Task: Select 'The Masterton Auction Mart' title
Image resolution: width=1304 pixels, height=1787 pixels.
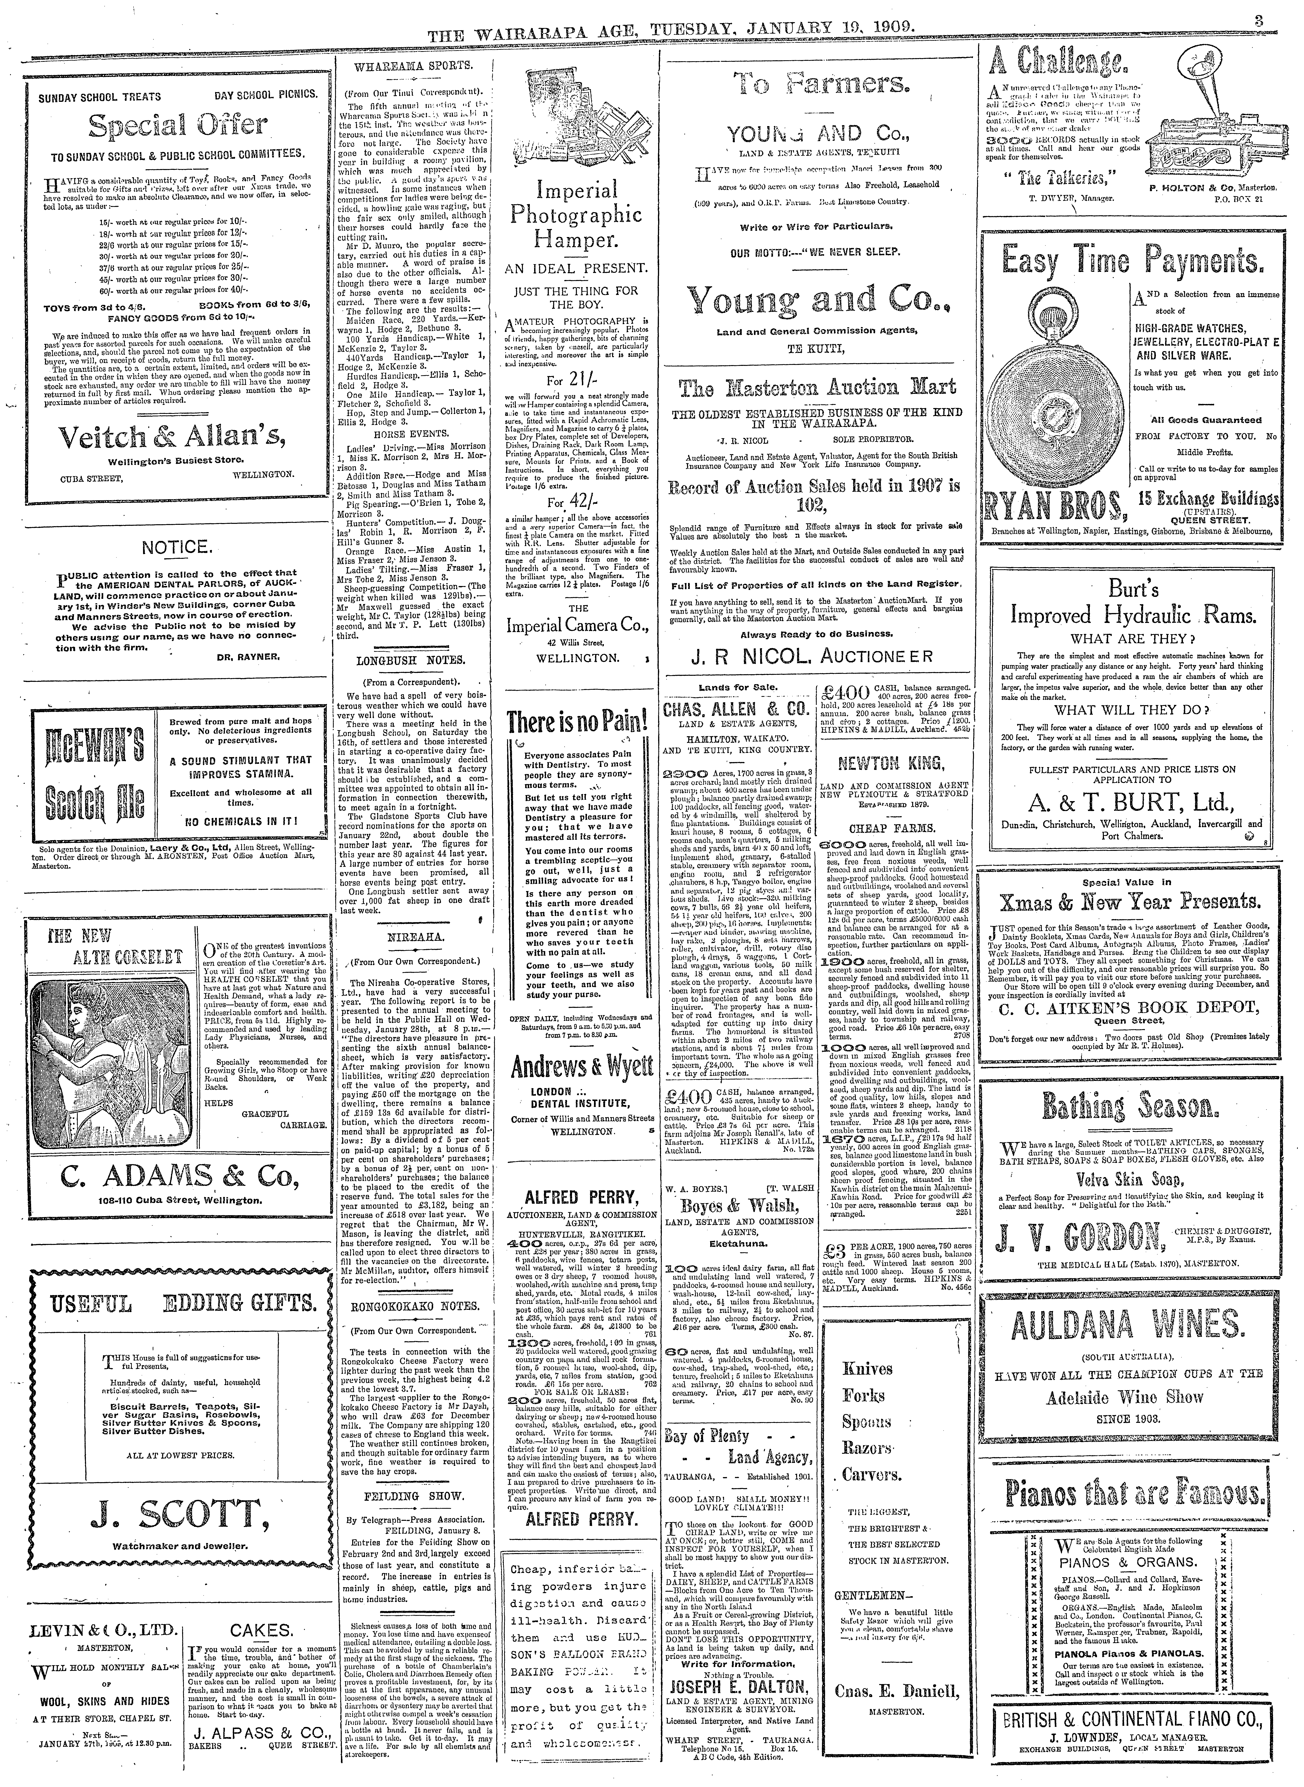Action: tap(818, 387)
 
